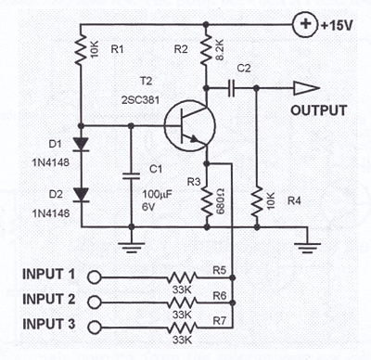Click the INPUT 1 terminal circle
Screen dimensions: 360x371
pyautogui.click(x=94, y=276)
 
